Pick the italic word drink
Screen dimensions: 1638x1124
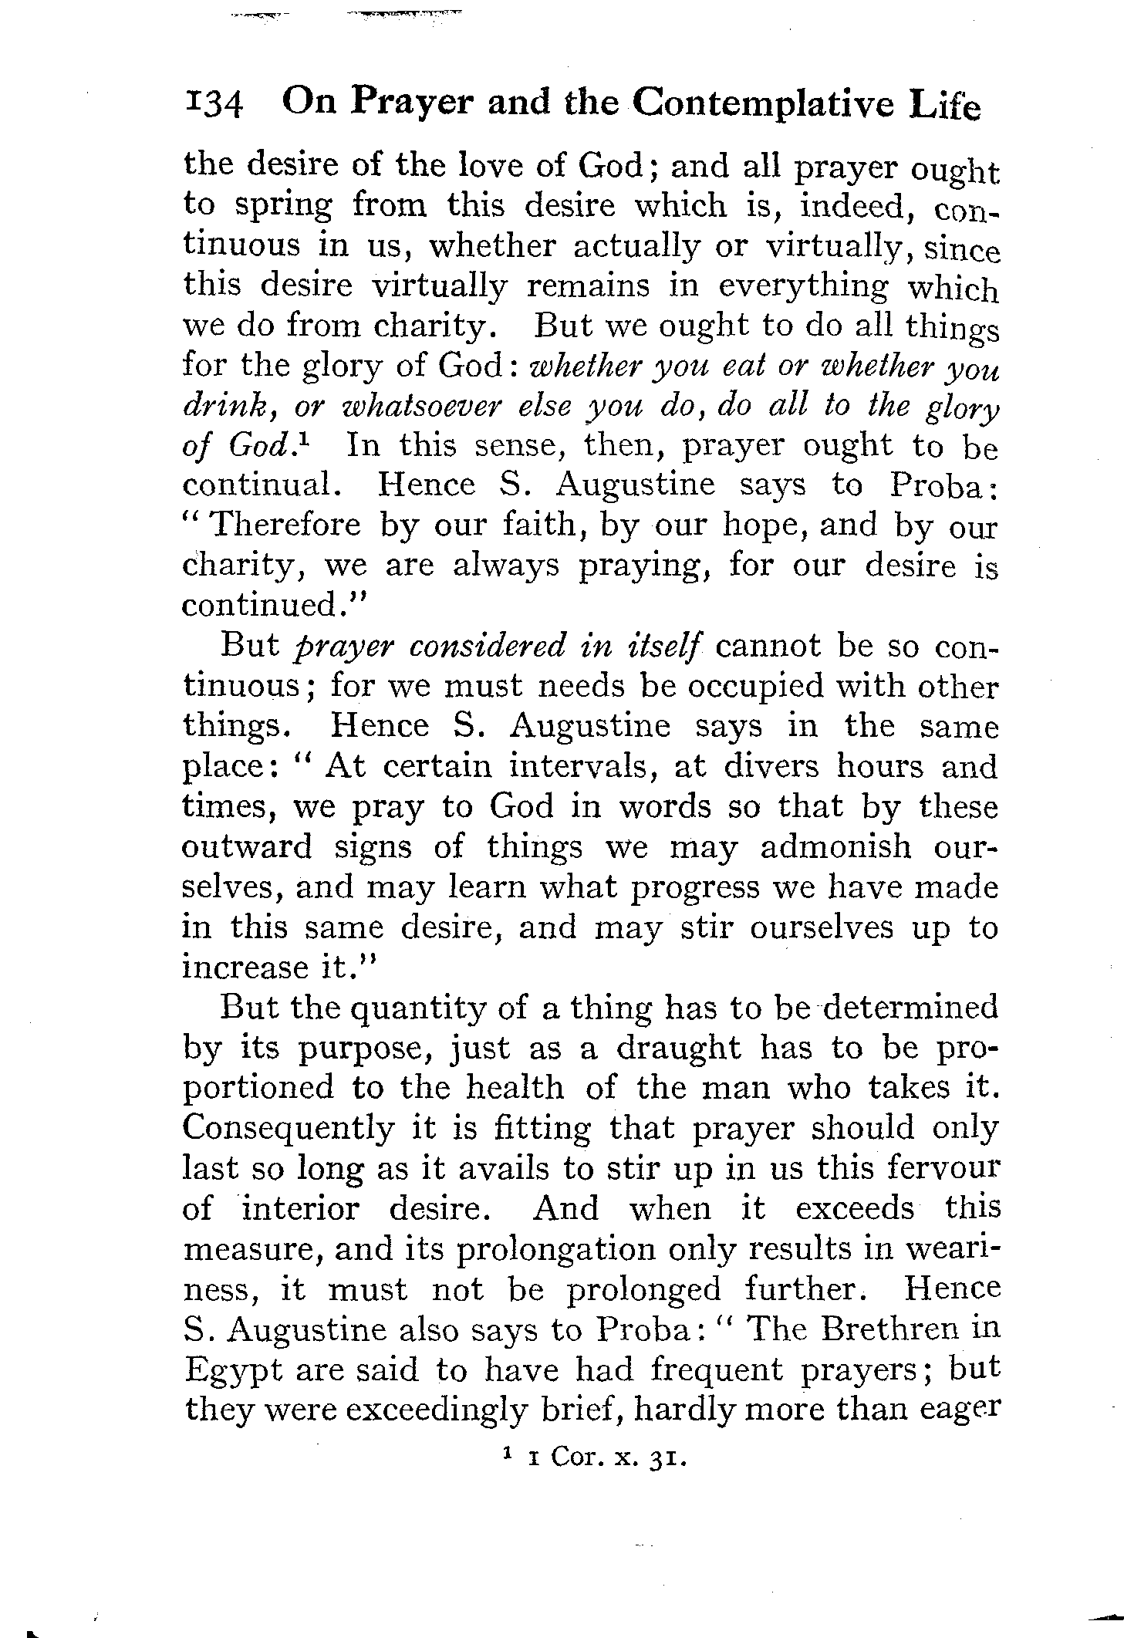tap(221, 407)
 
